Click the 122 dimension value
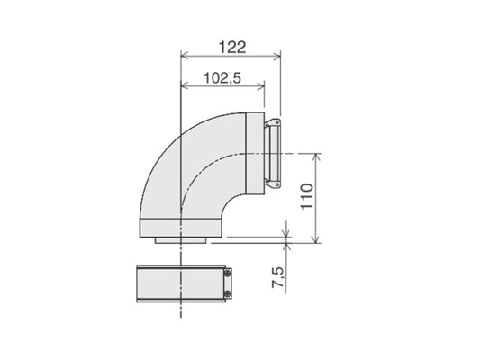(x=232, y=48)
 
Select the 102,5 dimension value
(x=222, y=78)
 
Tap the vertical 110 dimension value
(x=307, y=196)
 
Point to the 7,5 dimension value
(x=277, y=277)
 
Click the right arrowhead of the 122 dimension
(x=277, y=57)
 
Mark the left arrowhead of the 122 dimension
(x=185, y=57)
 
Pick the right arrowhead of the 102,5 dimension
(x=261, y=86)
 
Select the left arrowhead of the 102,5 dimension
(x=185, y=86)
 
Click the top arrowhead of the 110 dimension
(x=317, y=157)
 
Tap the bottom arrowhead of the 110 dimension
(x=317, y=239)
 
